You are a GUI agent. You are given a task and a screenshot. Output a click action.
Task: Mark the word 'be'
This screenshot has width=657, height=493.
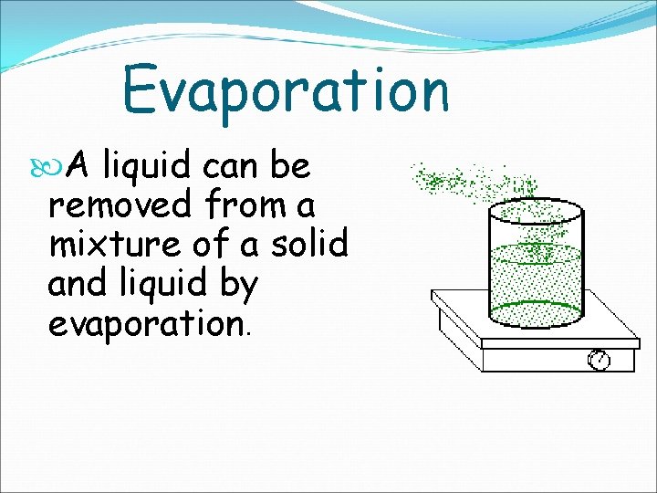(290, 166)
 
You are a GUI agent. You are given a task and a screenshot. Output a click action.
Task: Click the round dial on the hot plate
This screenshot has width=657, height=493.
(599, 360)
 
